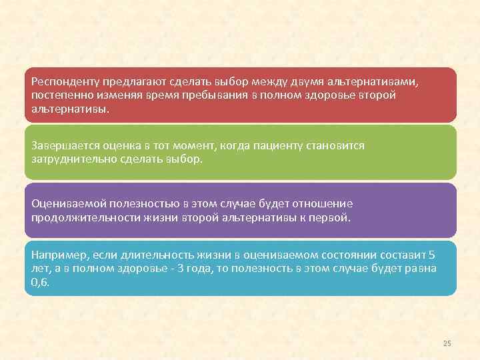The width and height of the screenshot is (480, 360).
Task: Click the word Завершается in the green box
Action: click(63, 145)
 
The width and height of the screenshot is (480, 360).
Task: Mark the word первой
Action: click(331, 217)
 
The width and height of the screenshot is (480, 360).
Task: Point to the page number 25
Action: click(447, 343)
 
